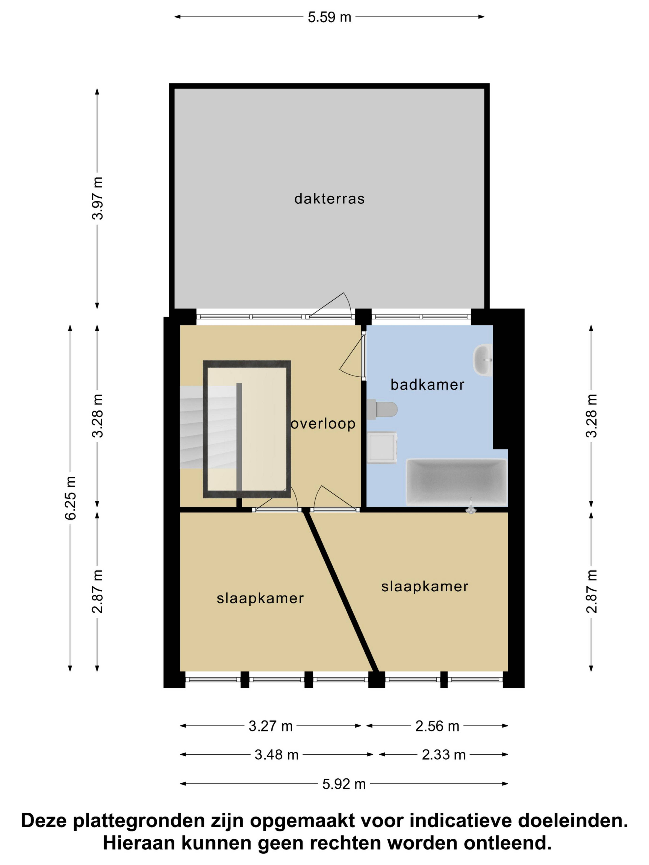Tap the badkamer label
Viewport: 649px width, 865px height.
(x=427, y=385)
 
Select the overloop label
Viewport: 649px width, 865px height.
(x=323, y=424)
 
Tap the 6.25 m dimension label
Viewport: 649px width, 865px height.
(x=70, y=498)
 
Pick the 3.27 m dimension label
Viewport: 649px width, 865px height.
(x=271, y=726)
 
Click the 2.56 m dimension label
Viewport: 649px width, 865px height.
(x=437, y=726)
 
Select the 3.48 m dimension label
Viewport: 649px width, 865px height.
(x=277, y=755)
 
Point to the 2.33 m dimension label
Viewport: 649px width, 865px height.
(x=444, y=755)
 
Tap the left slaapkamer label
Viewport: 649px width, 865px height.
(x=260, y=598)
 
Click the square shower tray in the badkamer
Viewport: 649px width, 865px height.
(x=382, y=447)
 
